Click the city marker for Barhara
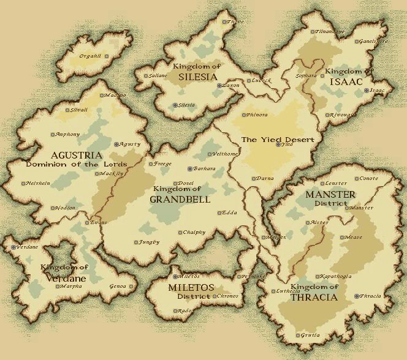click(x=189, y=168)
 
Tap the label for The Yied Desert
click(x=277, y=140)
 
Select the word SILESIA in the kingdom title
click(x=198, y=77)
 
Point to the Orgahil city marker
click(x=107, y=56)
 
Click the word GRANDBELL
click(x=180, y=199)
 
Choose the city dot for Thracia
click(x=356, y=296)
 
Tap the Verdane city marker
click(x=13, y=247)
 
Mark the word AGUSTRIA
click(x=59, y=156)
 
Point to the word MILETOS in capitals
click(x=191, y=287)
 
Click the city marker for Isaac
click(x=367, y=91)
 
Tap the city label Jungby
click(x=149, y=242)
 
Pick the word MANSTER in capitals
click(x=330, y=195)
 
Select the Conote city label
click(x=368, y=179)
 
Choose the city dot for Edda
click(x=219, y=213)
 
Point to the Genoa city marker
click(x=131, y=286)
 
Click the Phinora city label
click(x=256, y=114)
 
